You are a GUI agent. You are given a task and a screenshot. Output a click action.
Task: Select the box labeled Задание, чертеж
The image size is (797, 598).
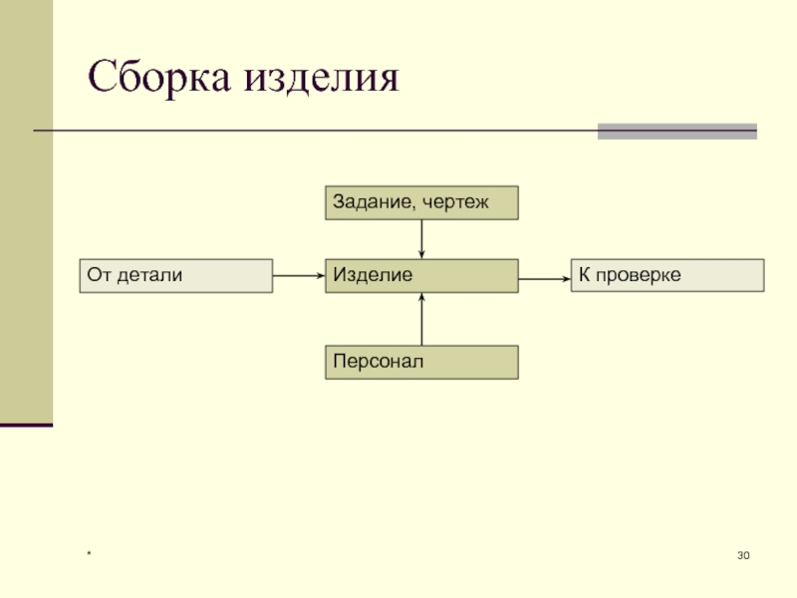(x=421, y=202)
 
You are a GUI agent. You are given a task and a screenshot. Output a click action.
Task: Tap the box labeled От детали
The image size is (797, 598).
(x=175, y=275)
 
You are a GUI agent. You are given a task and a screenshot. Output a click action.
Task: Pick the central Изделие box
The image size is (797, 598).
(x=421, y=275)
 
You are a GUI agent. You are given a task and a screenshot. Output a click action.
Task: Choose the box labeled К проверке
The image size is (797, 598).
(x=667, y=275)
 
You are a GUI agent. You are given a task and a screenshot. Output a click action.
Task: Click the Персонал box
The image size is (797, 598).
(x=421, y=362)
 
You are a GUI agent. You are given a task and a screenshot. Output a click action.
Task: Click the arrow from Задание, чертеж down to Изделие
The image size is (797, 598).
(x=422, y=238)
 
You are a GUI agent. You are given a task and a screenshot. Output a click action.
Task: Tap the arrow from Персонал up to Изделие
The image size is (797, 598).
(x=422, y=319)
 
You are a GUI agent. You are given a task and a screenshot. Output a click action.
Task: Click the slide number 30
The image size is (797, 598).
(x=743, y=554)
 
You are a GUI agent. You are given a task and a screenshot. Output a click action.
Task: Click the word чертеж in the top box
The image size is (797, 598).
(x=456, y=202)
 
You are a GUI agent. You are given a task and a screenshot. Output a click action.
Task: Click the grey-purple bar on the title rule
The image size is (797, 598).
(x=676, y=131)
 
